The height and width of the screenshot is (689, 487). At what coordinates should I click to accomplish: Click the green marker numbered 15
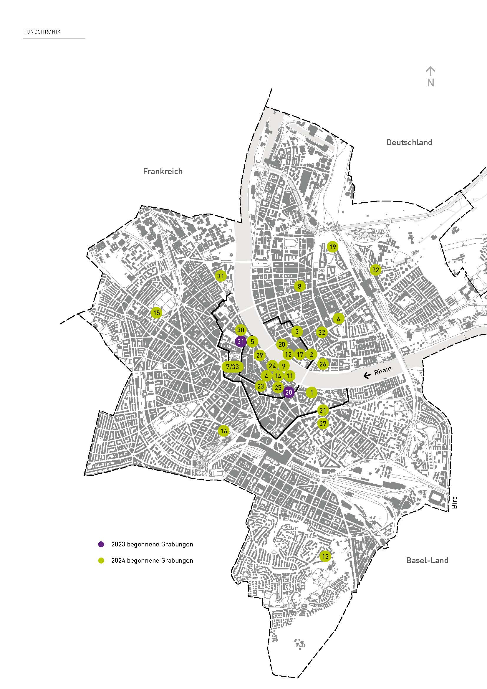click(156, 313)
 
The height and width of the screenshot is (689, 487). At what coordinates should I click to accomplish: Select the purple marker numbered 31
click(241, 341)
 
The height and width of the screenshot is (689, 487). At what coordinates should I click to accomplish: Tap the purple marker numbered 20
click(289, 392)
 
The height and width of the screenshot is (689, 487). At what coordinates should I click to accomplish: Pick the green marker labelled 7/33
click(233, 367)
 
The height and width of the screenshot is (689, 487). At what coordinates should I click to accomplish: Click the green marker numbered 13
click(325, 557)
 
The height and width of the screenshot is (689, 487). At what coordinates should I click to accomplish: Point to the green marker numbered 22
click(375, 270)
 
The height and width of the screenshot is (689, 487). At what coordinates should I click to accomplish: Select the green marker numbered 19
click(332, 247)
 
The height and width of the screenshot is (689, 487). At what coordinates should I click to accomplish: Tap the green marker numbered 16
click(224, 431)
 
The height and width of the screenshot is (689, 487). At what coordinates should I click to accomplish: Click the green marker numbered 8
click(299, 286)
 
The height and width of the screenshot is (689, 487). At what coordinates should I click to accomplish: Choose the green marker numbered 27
click(323, 424)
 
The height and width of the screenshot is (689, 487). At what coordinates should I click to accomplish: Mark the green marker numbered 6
click(338, 319)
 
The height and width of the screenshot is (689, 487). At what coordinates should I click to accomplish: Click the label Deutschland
click(409, 143)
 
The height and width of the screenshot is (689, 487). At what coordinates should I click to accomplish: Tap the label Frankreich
click(163, 171)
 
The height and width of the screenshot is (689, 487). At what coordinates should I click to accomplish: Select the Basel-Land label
click(427, 560)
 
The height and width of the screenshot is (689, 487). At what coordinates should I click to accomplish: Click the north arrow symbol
click(431, 77)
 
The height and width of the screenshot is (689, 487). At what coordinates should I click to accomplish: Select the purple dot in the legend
click(101, 544)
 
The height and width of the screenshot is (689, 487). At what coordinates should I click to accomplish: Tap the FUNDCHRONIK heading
click(42, 32)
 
